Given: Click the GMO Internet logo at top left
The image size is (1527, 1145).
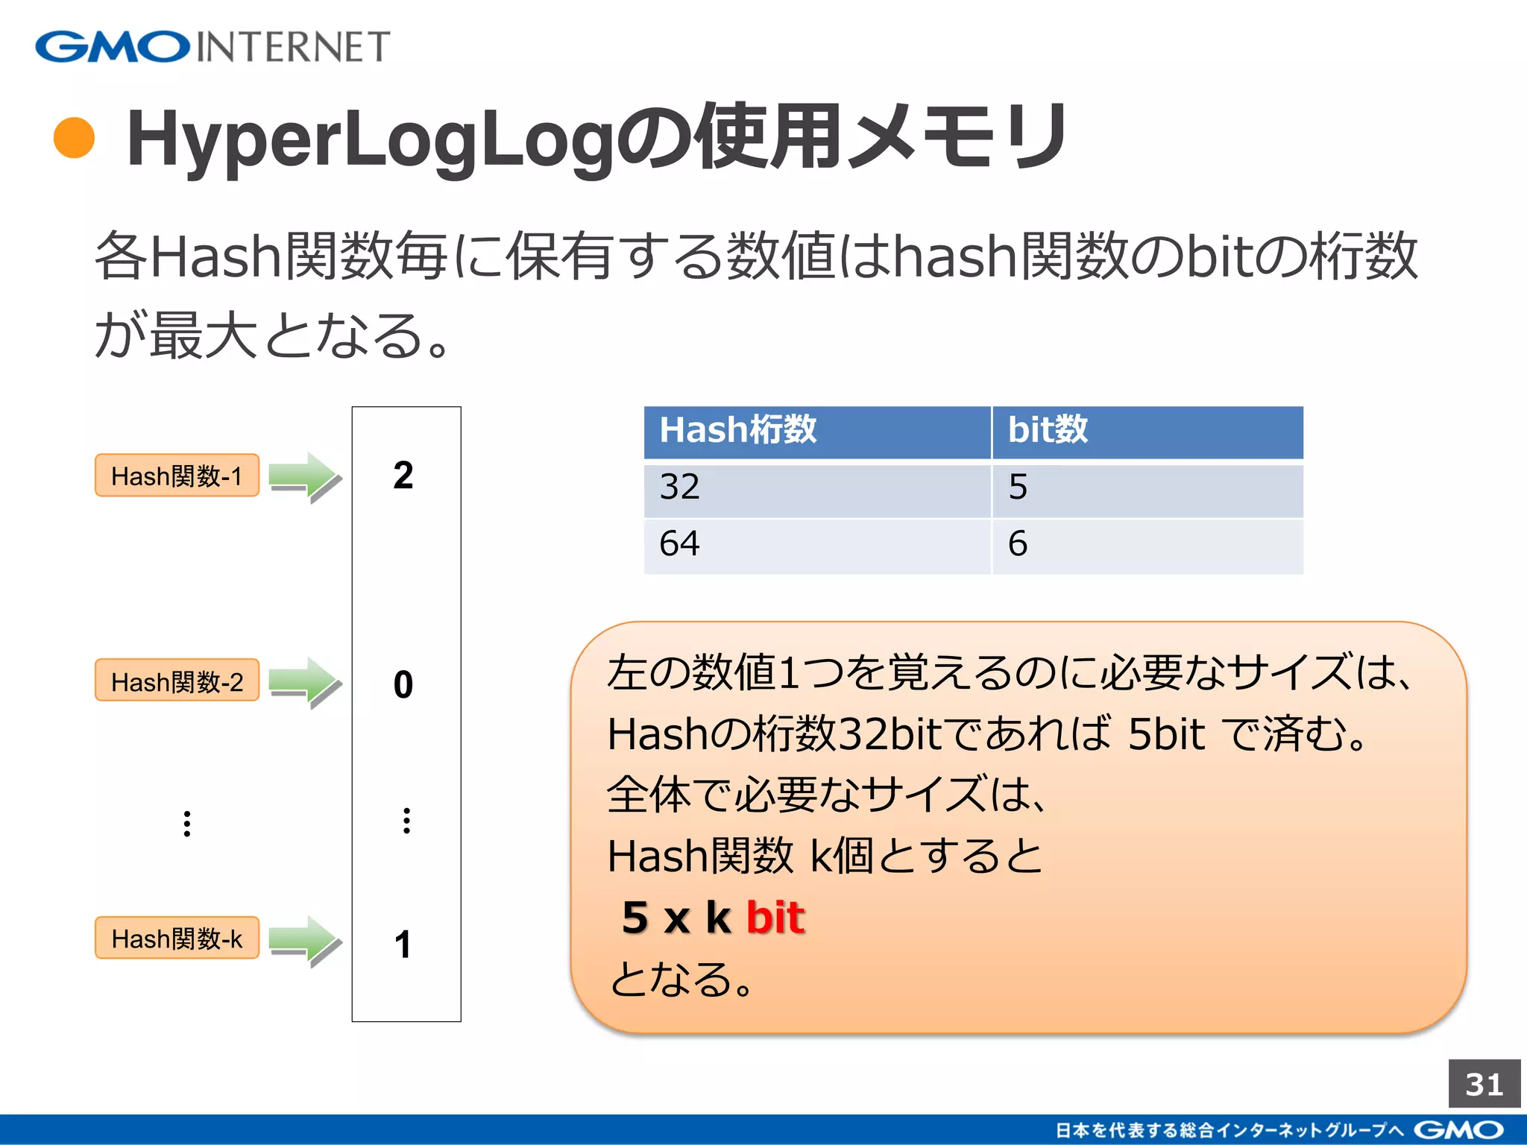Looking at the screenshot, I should [212, 46].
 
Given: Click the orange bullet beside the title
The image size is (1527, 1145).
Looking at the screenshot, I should [75, 138].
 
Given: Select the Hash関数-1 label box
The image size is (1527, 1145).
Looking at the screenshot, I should [177, 476].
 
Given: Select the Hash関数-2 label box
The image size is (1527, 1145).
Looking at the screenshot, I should [177, 681].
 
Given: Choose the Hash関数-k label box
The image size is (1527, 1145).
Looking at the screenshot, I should [177, 938].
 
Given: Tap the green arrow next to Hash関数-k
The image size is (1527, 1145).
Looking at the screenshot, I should [304, 940].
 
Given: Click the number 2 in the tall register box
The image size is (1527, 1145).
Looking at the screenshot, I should [403, 476].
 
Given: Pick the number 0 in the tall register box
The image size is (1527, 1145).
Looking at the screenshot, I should [403, 684].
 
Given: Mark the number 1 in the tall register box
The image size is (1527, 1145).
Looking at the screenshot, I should [403, 944].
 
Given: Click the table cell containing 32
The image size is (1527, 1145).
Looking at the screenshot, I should [816, 488].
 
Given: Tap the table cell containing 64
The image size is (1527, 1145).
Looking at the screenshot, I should [816, 544].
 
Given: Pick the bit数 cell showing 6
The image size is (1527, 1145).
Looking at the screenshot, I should [1147, 544].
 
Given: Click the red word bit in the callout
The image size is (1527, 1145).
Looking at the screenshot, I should [775, 917].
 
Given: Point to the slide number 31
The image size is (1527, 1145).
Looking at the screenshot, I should [1484, 1085].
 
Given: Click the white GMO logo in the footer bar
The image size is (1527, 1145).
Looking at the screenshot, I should [1458, 1130].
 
